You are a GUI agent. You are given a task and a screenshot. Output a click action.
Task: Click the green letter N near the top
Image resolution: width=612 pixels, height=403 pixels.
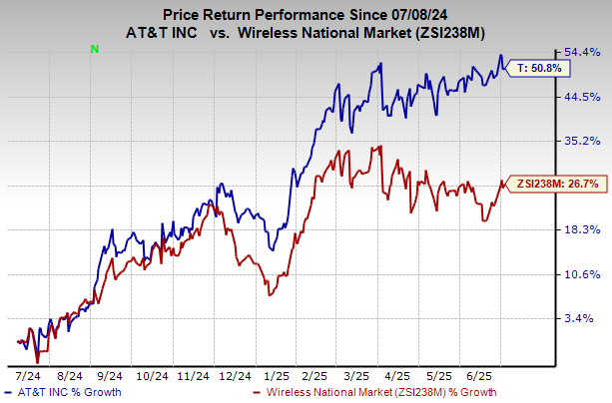point(94,48)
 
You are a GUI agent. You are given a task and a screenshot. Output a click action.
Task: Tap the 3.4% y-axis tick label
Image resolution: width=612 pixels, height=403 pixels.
point(581,318)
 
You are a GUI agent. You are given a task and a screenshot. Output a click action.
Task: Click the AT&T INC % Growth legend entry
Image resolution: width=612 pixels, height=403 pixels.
point(65,392)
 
